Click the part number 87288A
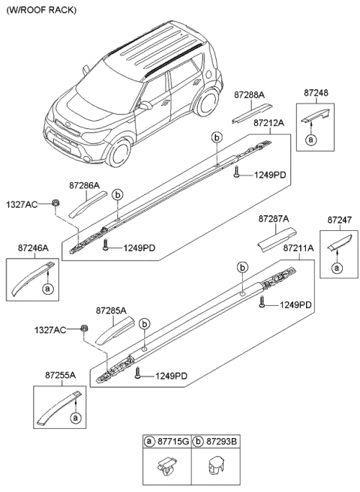point(248,96)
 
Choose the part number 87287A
point(274,219)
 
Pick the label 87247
point(339,220)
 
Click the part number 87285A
point(111,309)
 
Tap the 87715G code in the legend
point(172,442)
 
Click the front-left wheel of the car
point(118,154)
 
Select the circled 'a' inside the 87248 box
point(310,139)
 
